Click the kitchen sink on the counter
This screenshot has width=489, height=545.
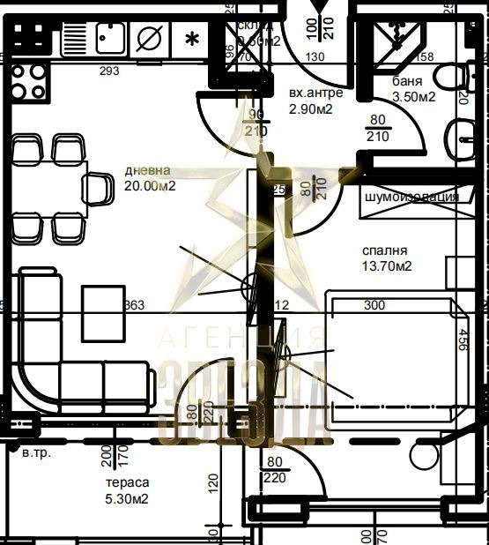108,37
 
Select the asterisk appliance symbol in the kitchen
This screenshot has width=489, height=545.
191,38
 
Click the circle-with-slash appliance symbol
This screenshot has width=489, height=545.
149,38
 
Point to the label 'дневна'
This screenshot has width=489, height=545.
146,170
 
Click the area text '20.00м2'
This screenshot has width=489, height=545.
150,185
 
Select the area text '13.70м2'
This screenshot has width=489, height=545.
388,265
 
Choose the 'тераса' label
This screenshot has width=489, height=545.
127,483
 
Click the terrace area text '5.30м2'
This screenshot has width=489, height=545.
127,498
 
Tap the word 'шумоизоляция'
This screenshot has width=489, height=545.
411,197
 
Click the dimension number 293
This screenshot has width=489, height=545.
109,71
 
